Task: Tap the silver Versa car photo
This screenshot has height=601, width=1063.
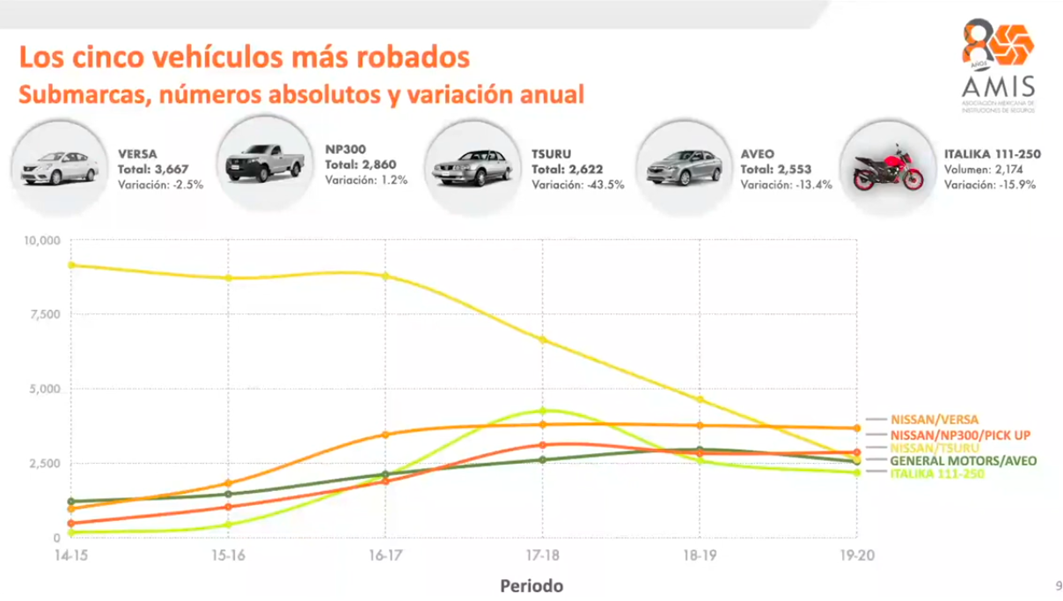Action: point(59,165)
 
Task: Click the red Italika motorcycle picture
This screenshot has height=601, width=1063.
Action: point(889,166)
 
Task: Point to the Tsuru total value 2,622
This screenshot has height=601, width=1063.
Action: point(568,169)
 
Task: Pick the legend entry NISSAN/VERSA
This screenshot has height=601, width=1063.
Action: point(934,420)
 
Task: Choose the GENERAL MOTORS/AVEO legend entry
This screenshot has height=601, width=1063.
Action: point(963,460)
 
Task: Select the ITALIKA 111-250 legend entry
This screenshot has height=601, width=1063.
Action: point(937,474)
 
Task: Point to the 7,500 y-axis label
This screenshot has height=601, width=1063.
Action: point(44,314)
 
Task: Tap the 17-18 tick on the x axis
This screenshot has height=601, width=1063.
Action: point(542,556)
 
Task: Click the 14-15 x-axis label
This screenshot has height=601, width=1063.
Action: point(71,556)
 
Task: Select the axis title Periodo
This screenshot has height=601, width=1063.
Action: point(531,585)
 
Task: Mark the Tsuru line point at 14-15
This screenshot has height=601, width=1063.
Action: point(71,265)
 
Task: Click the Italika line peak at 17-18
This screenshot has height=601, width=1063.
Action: point(543,411)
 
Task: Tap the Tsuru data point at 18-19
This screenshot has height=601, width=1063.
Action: point(700,399)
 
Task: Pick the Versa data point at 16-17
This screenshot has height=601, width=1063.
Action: point(385,435)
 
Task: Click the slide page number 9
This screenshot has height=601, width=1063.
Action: point(1059,586)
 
